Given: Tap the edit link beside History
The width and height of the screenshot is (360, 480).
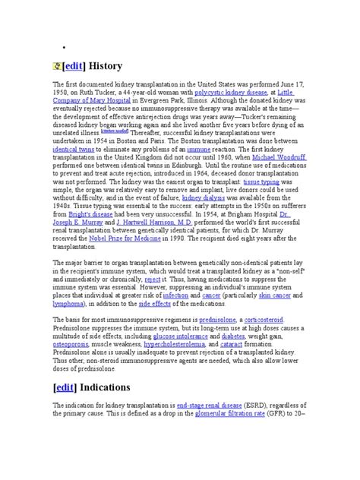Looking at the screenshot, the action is pos(74,66).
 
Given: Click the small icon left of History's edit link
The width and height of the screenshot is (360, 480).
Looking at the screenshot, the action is pos(56,66).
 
